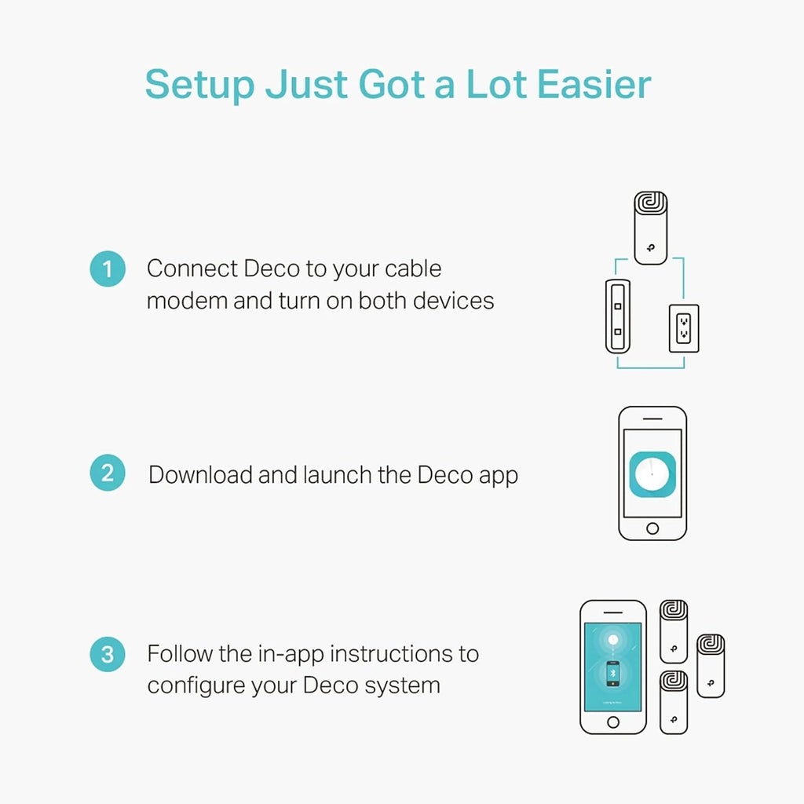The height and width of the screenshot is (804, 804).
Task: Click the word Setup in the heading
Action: click(199, 85)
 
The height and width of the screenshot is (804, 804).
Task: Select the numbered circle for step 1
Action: click(108, 269)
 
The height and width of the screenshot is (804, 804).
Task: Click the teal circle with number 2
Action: click(108, 473)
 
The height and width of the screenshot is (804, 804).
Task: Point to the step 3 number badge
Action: click(108, 654)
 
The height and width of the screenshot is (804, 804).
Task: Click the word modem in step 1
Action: click(187, 301)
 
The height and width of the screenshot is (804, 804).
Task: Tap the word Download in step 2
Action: click(202, 474)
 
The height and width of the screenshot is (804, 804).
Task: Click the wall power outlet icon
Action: click(684, 328)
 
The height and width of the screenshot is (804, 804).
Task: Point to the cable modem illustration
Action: click(618, 316)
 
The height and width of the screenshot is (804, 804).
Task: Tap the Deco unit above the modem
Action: click(651, 228)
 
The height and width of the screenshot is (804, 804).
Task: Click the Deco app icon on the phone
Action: click(652, 474)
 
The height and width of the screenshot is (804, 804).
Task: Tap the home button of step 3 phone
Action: click(612, 722)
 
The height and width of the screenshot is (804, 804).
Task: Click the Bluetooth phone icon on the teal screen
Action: click(612, 674)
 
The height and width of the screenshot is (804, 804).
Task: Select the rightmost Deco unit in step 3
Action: click(711, 666)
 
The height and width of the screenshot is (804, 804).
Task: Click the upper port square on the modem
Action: click(618, 307)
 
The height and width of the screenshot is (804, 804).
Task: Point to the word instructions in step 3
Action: click(392, 654)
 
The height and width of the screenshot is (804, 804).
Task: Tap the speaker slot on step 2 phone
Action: click(652, 419)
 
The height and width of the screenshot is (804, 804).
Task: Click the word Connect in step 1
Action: click(192, 269)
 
